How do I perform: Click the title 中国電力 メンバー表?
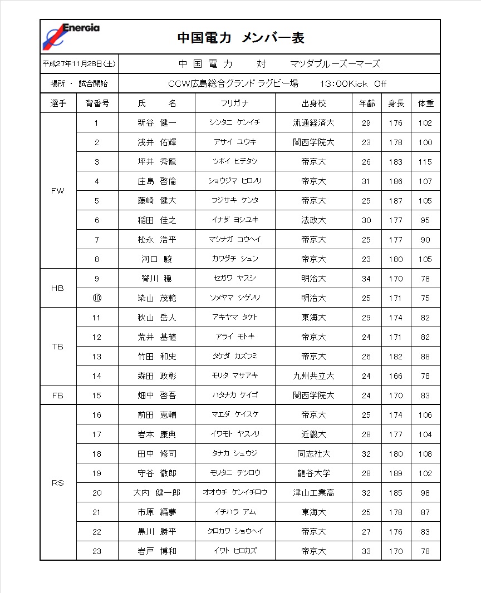point(240,38)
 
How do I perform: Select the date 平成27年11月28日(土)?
point(79,64)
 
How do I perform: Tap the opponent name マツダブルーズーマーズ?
point(335,64)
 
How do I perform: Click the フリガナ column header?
point(234,103)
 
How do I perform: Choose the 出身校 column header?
point(313,103)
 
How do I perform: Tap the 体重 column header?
point(425,103)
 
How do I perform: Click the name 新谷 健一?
point(157,123)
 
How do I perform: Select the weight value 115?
point(425,162)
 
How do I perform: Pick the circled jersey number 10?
point(97,298)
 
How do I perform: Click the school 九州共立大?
point(313,376)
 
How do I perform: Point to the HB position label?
point(57,288)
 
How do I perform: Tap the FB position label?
point(57,396)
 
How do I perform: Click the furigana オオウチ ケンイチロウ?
point(234,493)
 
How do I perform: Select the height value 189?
point(396,473)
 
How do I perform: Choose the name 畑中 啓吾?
point(157,396)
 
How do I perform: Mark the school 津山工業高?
point(313,493)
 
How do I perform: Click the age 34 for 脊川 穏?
point(366,279)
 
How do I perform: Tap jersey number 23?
point(97,551)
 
